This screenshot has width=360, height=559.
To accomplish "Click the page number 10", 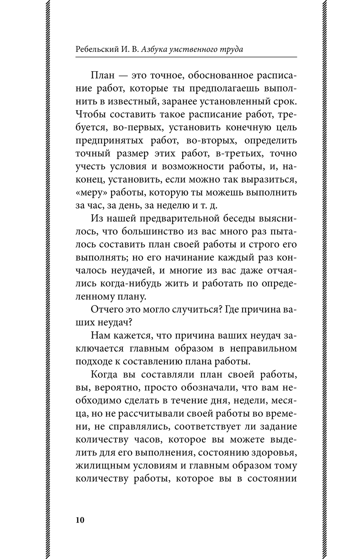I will (x=80, y=520).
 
